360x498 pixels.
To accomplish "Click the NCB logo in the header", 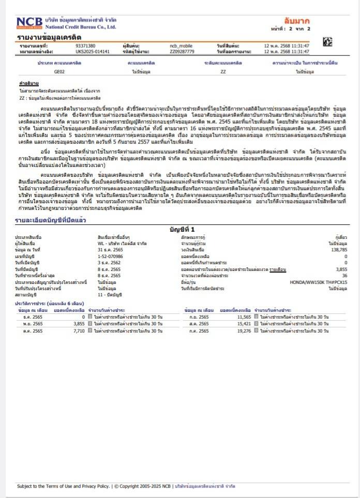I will [x=30, y=23].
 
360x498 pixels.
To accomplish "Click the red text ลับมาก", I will [x=297, y=21].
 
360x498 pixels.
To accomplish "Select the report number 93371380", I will [x=85, y=46].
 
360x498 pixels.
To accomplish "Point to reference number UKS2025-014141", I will [x=93, y=52].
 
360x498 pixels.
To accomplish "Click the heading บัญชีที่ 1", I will [x=183, y=229].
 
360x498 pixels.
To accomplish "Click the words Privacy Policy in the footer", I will [x=96, y=486].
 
